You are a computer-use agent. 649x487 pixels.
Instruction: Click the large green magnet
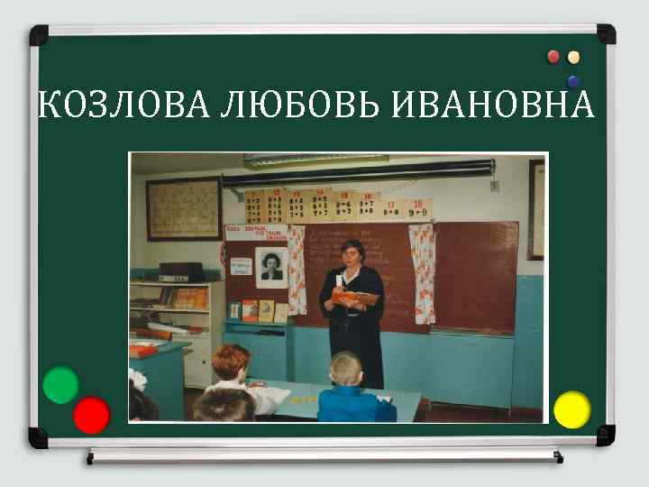coord(60,385)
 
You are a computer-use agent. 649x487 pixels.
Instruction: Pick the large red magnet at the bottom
coord(91,415)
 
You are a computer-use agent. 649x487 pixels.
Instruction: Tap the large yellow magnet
coord(571,409)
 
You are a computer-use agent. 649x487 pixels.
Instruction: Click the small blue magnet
coord(573,81)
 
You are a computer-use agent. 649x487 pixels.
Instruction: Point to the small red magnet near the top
coord(553,57)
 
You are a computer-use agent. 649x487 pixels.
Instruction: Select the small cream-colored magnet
coord(573,57)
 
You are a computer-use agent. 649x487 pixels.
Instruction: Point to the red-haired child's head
coord(230,363)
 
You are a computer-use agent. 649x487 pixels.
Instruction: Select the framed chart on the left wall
coord(184,209)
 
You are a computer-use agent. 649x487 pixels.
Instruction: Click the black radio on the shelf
coord(180,271)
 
